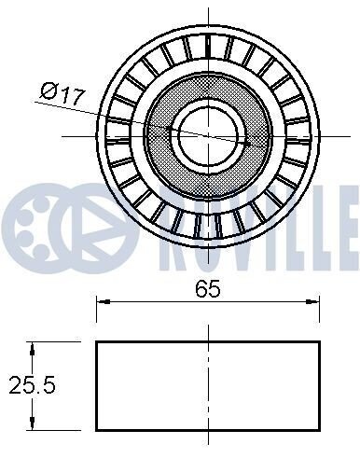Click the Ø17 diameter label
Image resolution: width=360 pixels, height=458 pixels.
(62, 92)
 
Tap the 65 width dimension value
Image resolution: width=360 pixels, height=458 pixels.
(208, 288)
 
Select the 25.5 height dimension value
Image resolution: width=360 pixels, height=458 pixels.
(32, 385)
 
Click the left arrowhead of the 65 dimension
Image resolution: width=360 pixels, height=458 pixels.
(103, 301)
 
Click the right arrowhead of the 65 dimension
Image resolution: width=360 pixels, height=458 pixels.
(312, 301)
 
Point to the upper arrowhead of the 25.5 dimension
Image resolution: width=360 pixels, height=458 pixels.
(32, 349)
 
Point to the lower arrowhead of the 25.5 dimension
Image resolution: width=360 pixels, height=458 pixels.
(32, 423)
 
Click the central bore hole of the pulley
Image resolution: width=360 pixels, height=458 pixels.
(208, 136)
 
